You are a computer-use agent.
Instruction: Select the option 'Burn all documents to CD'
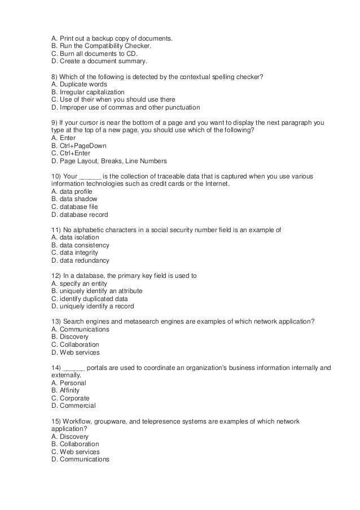(91, 54)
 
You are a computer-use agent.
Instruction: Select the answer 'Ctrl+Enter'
(74, 153)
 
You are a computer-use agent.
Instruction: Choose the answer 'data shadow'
(78, 199)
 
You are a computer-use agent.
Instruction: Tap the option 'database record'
(83, 215)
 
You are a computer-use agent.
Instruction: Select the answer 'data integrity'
(79, 252)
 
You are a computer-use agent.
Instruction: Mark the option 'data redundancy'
(84, 260)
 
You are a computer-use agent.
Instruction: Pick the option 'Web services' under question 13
(78, 352)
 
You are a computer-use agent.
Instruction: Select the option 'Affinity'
(68, 390)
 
